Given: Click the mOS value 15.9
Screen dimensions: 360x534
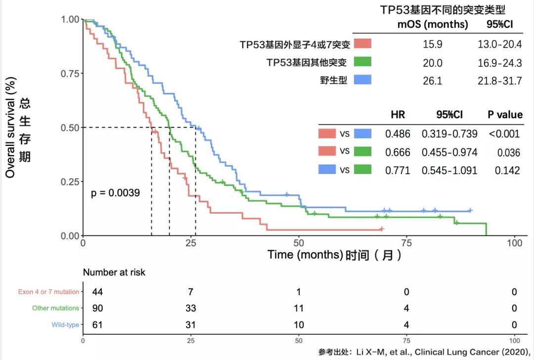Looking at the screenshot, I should click(432, 45).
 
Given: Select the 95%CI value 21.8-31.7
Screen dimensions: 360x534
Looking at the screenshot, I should click(499, 81).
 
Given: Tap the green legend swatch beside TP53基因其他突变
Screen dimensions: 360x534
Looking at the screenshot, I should click(363, 62).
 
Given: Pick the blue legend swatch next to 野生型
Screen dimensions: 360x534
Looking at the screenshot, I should click(363, 80).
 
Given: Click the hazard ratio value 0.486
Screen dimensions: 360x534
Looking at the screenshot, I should click(398, 134).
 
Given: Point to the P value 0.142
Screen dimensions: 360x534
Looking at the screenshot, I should click(507, 171).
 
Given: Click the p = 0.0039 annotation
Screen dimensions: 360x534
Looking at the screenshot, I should click(115, 193).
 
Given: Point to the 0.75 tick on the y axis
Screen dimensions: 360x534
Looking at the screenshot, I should click(70, 74).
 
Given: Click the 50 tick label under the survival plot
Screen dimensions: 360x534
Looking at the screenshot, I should click(299, 243).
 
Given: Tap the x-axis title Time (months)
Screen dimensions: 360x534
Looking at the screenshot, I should click(305, 255).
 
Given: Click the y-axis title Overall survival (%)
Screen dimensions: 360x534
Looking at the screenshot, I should click(11, 128).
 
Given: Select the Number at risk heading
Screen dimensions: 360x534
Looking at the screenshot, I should click(114, 272).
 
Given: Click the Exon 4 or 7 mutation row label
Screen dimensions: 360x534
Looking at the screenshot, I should click(48, 292).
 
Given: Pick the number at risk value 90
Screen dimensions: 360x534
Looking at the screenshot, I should click(97, 309).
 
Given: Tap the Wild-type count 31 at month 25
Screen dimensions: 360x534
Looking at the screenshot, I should click(190, 325).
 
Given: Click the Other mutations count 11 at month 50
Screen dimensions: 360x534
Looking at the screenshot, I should click(299, 309).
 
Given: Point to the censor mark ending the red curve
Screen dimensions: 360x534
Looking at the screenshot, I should click(381, 229).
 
